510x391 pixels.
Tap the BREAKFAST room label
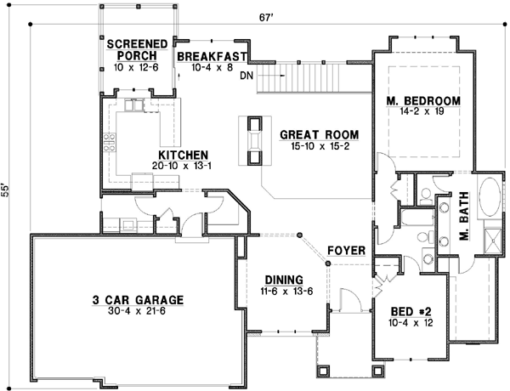coord(212,56)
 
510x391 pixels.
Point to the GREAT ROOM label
coord(319,134)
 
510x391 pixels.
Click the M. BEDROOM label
coord(422,101)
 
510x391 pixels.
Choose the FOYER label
coord(347,251)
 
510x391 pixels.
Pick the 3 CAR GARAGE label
coord(138,299)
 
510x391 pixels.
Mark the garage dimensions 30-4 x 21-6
coord(138,311)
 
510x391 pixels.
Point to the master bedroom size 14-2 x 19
coord(422,112)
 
